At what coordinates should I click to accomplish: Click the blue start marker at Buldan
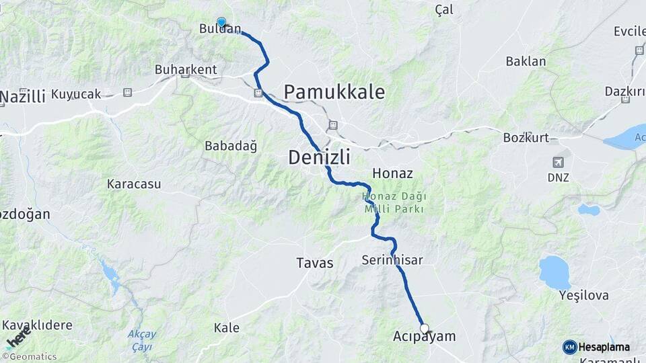221,22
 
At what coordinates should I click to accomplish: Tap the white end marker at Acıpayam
425,328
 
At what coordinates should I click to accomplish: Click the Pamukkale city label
334,92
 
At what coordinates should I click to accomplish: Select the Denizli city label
319,157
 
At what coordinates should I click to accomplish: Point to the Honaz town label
392,173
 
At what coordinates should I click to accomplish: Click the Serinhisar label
392,259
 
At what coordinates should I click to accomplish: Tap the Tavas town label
314,263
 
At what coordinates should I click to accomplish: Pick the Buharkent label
186,69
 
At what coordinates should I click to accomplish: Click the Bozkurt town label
526,138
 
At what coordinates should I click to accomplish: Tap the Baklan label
526,61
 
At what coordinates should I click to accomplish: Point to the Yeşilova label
583,295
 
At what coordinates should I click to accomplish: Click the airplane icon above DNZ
558,162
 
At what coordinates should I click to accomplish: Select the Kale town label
226,328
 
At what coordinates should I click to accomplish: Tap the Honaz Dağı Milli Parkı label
394,202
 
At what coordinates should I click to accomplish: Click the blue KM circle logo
570,347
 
